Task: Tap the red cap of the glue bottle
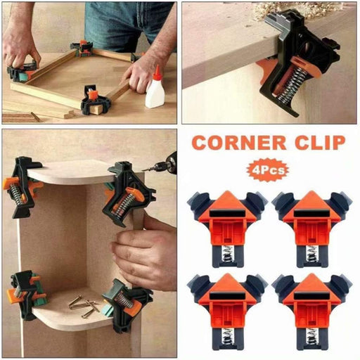(156, 72)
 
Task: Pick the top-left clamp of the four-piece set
(227, 217)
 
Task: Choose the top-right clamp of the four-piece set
(313, 217)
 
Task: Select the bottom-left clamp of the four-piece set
(227, 300)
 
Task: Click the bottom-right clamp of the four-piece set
(313, 300)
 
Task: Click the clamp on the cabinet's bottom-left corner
(26, 292)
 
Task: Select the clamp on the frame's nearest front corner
(95, 103)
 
